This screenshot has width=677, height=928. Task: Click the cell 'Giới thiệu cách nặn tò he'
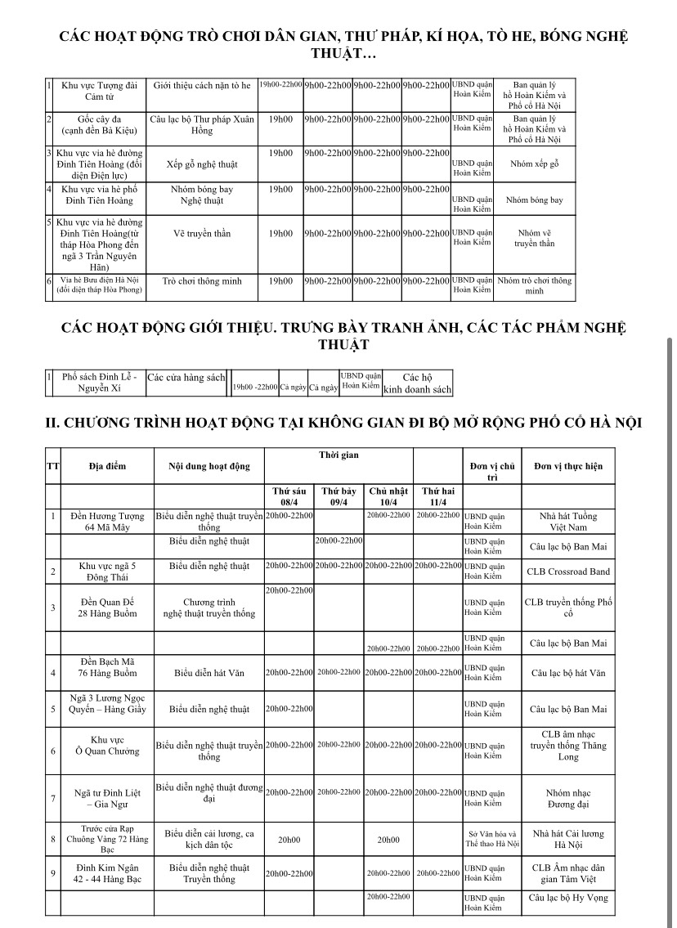click(202, 85)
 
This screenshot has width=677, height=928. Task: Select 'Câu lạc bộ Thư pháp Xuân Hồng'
click(202, 124)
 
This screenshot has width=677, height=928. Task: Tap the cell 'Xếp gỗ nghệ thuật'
click(202, 164)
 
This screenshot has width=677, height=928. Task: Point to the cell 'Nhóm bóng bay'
click(202, 195)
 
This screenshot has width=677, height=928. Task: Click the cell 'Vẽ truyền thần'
click(202, 233)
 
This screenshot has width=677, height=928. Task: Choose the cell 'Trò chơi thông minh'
click(202, 281)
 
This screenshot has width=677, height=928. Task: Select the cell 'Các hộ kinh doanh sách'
click(417, 383)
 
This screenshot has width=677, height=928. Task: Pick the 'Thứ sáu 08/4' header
click(289, 496)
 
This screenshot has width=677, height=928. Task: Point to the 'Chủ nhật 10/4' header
click(388, 496)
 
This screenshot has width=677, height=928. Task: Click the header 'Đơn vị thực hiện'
click(568, 466)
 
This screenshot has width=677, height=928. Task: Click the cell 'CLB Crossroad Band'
click(568, 572)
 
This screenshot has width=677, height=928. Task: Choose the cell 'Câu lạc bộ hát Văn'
click(568, 674)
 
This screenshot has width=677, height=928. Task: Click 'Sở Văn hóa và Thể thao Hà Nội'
click(491, 838)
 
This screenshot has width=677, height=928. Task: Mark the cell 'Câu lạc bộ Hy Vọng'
click(568, 897)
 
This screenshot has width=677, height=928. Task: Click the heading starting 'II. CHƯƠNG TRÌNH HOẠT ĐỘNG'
click(343, 422)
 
